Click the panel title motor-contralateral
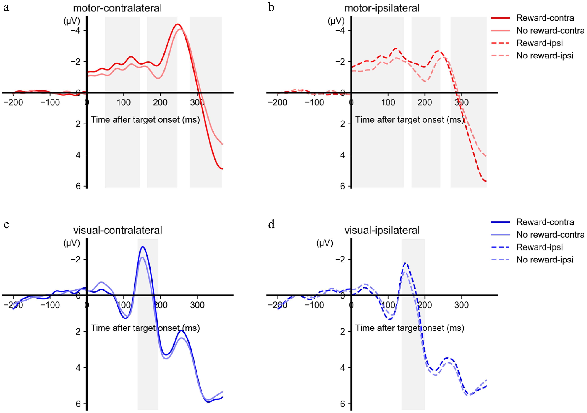(117, 8)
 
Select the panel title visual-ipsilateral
(382, 230)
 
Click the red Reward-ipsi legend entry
(539, 43)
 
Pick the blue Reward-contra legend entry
(545, 222)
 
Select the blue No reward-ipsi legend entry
(545, 260)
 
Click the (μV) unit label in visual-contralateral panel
(72, 243)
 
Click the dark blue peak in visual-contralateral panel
(142, 247)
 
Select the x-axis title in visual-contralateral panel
(145, 328)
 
